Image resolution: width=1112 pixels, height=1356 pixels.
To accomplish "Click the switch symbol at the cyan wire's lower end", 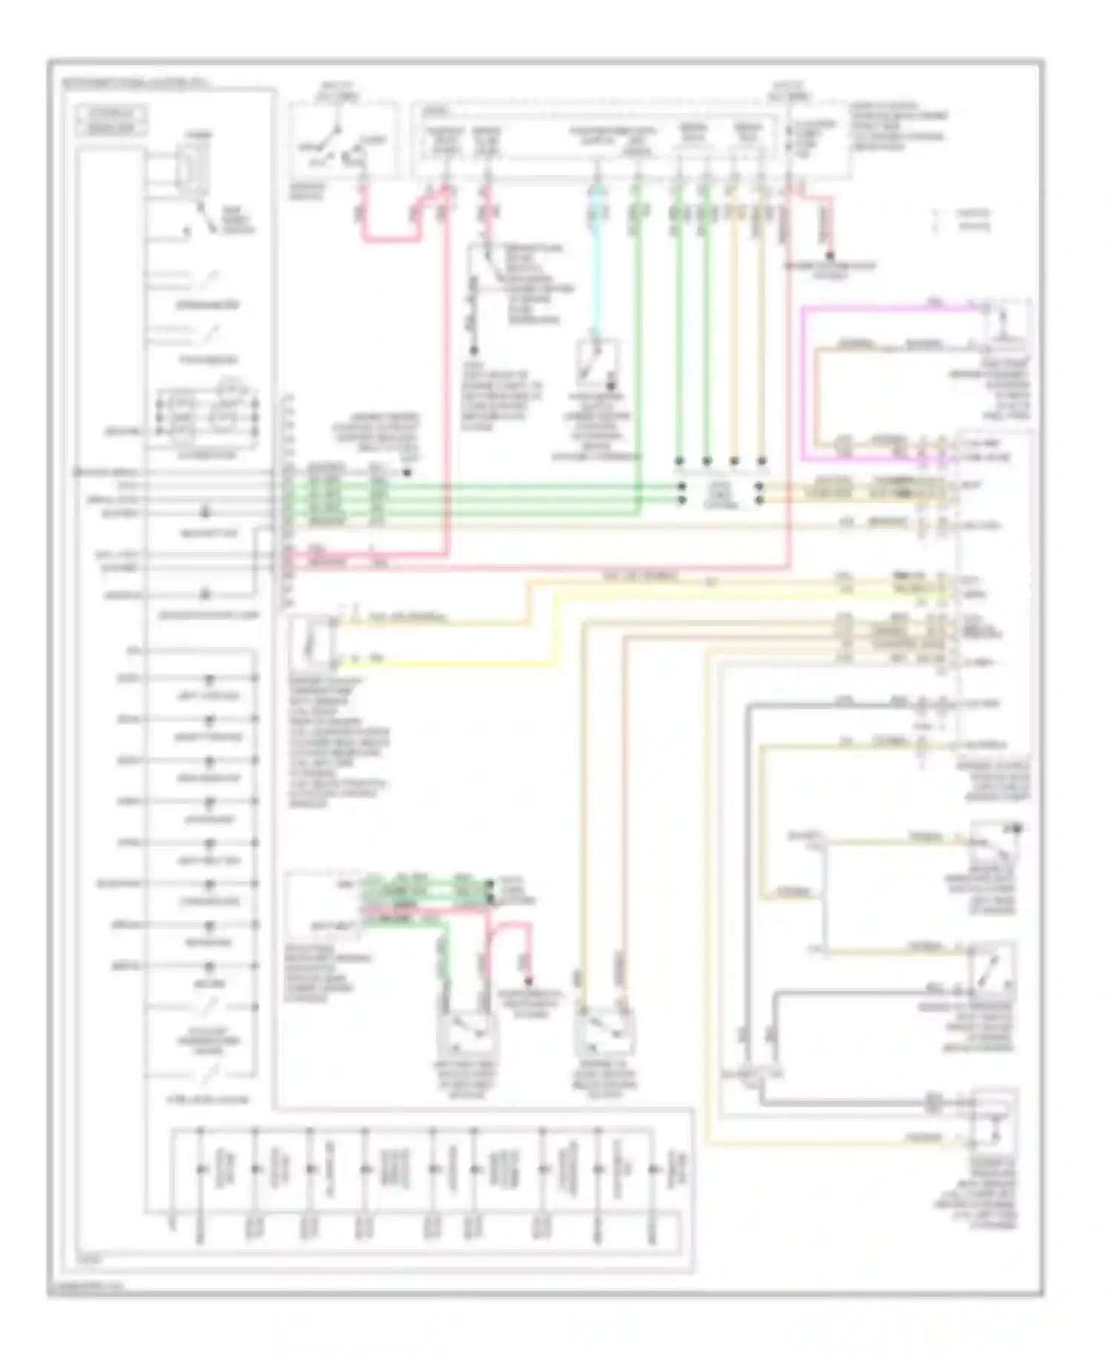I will [599, 363].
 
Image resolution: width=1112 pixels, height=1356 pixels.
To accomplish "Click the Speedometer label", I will [208, 305].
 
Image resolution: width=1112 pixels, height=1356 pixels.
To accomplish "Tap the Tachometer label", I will [208, 361].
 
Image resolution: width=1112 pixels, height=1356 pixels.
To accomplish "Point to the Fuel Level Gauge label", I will [208, 1099].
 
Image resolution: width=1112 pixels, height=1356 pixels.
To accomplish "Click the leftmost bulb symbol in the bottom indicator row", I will [199, 1170].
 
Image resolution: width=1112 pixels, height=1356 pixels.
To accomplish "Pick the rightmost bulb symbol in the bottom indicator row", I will [653, 1170].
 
